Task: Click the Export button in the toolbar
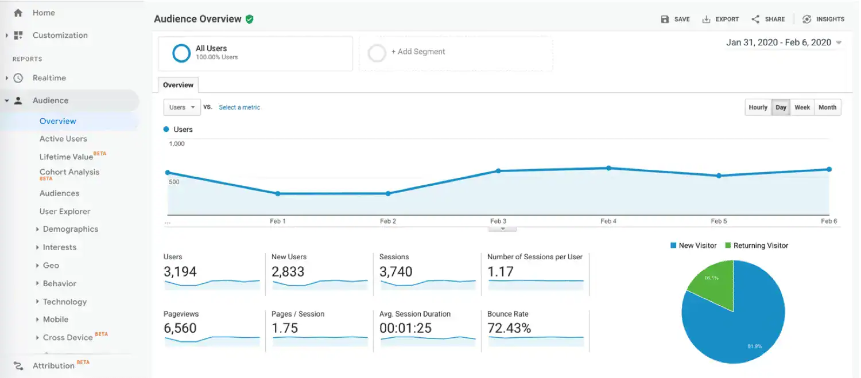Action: (x=720, y=19)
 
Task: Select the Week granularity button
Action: (x=802, y=107)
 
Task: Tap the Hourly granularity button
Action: (x=758, y=107)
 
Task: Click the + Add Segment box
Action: (x=456, y=53)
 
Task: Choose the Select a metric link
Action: (x=239, y=107)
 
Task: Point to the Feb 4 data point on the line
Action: (x=608, y=168)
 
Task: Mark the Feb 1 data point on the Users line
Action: (x=278, y=194)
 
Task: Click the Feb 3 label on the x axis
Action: (x=498, y=221)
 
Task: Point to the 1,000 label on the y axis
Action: (x=177, y=144)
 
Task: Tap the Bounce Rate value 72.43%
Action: (x=509, y=328)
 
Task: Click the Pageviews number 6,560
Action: (x=180, y=328)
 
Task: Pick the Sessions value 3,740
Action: (x=396, y=272)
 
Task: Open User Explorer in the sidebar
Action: (x=65, y=211)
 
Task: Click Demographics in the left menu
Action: (x=70, y=229)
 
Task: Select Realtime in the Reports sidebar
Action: (x=49, y=78)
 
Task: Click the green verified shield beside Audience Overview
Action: (x=249, y=19)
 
